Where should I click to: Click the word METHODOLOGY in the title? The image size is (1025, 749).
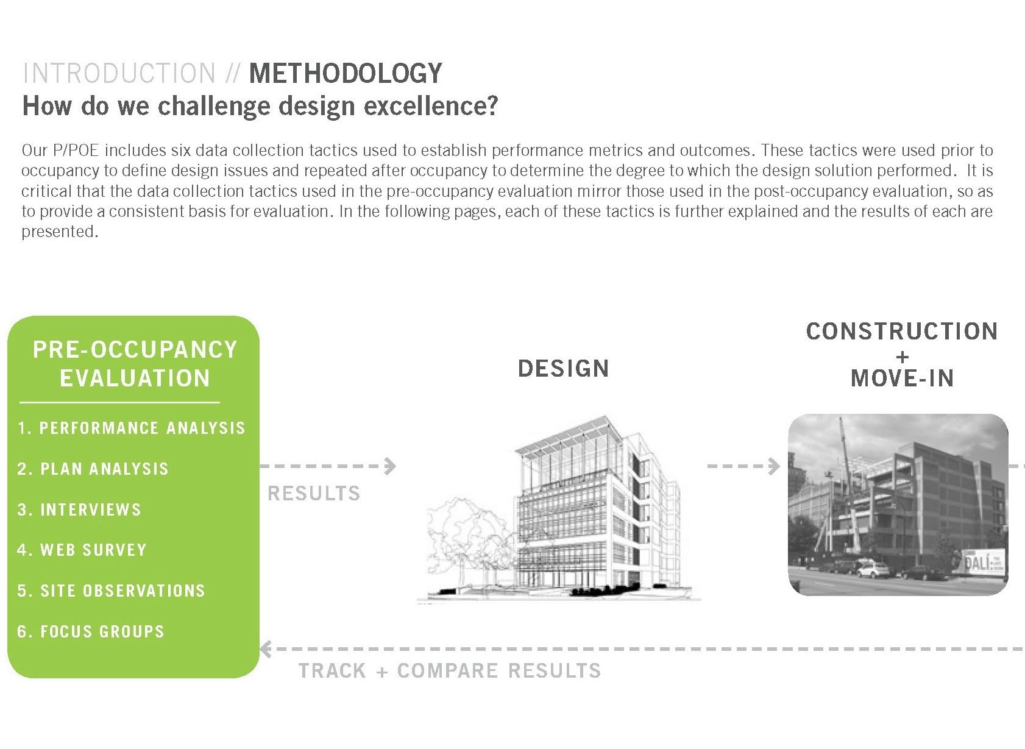(346, 73)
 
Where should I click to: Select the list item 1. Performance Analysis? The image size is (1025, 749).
(132, 428)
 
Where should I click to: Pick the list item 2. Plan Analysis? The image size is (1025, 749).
(93, 469)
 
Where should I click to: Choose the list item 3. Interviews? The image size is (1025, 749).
(79, 509)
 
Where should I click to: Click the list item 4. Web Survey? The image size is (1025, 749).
(82, 550)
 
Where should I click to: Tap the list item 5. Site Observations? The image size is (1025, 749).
(111, 590)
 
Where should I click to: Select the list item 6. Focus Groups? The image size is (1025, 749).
(91, 631)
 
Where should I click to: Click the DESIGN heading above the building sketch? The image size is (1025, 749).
(563, 368)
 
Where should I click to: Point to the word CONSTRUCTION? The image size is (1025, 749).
(902, 332)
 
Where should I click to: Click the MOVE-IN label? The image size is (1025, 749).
(903, 378)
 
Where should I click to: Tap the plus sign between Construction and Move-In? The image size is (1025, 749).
(903, 357)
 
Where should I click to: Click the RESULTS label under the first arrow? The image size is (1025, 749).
(314, 493)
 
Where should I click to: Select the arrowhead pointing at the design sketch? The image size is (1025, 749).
(390, 466)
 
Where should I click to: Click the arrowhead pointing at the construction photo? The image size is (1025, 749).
(774, 466)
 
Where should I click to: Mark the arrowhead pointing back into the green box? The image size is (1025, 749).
(266, 649)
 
